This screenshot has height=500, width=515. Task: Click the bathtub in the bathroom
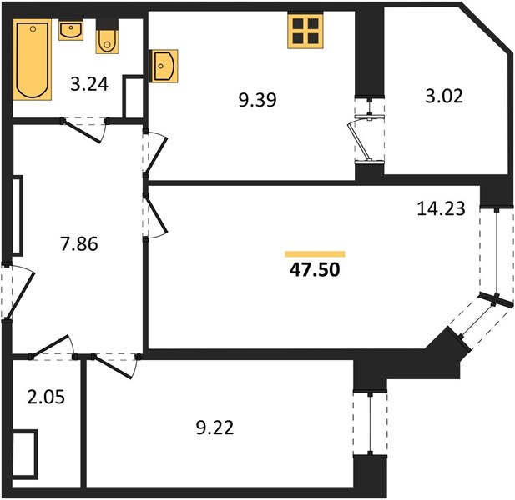(33, 59)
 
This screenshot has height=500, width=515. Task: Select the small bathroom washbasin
(71, 30)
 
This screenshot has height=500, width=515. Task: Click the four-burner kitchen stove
(305, 31)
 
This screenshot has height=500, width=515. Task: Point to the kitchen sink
(164, 66)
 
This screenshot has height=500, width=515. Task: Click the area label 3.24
(89, 84)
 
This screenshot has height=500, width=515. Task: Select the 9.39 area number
(257, 100)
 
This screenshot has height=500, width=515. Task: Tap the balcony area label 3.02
(444, 96)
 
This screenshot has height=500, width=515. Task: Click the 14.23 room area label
(441, 208)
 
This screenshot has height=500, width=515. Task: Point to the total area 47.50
(315, 269)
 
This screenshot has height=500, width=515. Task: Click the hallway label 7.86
(78, 244)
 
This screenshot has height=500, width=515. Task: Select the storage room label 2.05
(46, 397)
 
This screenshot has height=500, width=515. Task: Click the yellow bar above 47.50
(315, 254)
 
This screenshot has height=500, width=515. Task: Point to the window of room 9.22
(371, 423)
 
